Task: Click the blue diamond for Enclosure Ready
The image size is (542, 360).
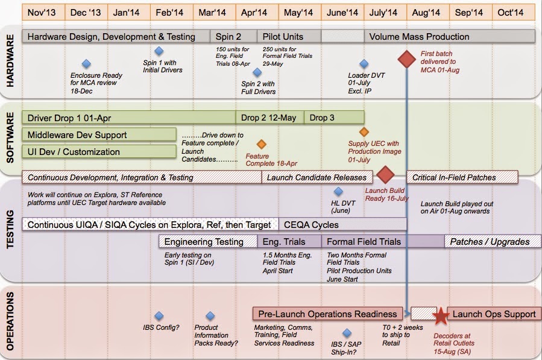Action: click(86, 64)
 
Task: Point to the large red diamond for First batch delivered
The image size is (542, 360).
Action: click(408, 59)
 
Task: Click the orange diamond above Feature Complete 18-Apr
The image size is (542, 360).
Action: click(261, 144)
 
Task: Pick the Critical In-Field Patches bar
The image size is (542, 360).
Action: click(462, 177)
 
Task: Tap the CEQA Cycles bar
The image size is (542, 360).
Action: click(342, 224)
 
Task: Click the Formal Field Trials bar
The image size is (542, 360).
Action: click(364, 242)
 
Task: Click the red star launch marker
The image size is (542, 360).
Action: click(441, 315)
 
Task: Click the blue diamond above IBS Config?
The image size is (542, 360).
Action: click(159, 315)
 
